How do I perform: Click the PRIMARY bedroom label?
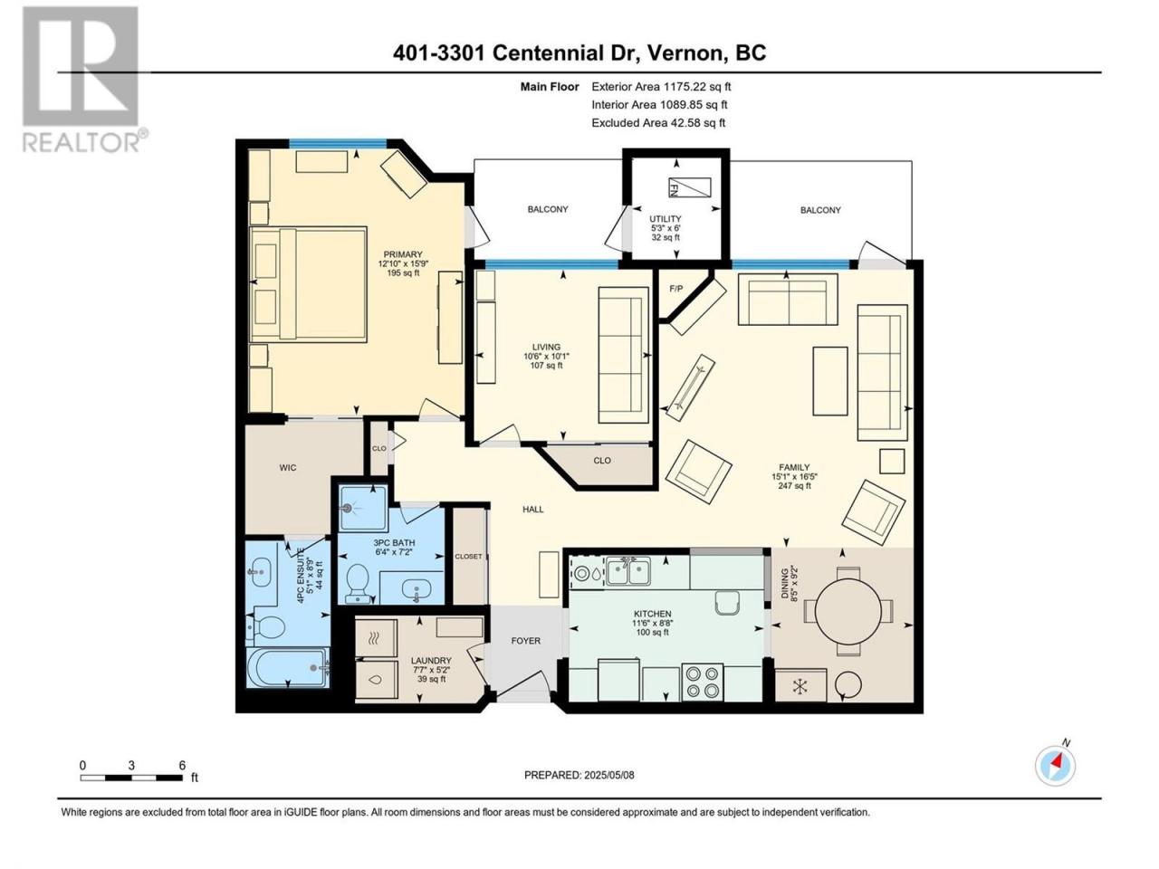pyautogui.click(x=403, y=254)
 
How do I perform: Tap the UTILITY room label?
pyautogui.click(x=665, y=218)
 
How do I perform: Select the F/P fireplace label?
pyautogui.click(x=675, y=289)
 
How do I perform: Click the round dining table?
pyautogui.click(x=848, y=610)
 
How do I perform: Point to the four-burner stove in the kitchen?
pyautogui.click(x=703, y=683)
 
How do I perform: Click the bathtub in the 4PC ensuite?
pyautogui.click(x=288, y=667)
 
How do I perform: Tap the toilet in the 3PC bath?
pyautogui.click(x=358, y=584)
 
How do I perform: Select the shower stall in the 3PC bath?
pyautogui.click(x=363, y=508)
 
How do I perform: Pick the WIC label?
pyautogui.click(x=288, y=467)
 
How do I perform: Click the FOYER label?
pyautogui.click(x=525, y=641)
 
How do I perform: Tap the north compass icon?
pyautogui.click(x=1055, y=765)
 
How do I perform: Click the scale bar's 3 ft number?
pyautogui.click(x=131, y=765)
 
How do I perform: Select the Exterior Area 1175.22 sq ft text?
pyautogui.click(x=661, y=87)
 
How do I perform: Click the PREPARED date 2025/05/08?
pyautogui.click(x=608, y=775)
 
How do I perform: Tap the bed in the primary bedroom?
pyautogui.click(x=308, y=285)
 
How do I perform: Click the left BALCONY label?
pyautogui.click(x=548, y=209)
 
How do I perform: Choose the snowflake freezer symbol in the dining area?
pyautogui.click(x=800, y=686)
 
